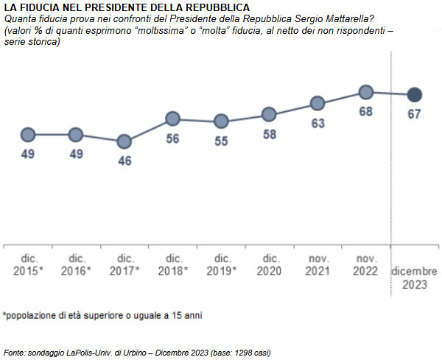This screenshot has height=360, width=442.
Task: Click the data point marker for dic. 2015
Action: click(x=28, y=135)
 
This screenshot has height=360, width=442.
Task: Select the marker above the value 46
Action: click(x=124, y=141)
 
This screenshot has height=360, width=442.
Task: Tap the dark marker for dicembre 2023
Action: click(x=415, y=94)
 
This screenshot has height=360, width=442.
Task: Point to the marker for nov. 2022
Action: click(x=366, y=92)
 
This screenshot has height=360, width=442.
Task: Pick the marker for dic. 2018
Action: click(x=172, y=119)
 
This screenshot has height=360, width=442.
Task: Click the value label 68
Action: click(x=366, y=112)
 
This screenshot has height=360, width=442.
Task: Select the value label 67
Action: click(x=415, y=115)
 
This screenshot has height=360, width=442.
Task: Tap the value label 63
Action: click(x=318, y=124)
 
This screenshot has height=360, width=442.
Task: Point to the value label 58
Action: click(x=269, y=135)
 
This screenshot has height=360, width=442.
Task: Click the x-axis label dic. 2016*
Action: click(x=77, y=264)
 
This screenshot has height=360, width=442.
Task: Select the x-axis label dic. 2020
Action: click(x=270, y=264)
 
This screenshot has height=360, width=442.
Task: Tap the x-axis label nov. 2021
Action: click(x=318, y=264)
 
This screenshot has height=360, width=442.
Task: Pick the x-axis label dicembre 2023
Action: click(x=414, y=278)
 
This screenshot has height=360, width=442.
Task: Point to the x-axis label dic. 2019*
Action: click(x=222, y=264)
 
